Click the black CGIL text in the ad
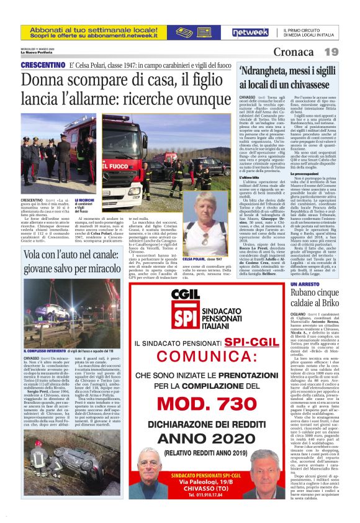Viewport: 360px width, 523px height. [145, 298]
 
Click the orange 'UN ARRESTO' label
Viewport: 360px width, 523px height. [304, 283]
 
